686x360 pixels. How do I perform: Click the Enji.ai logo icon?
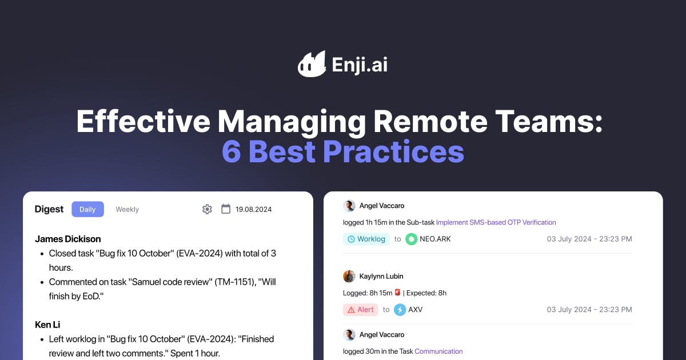tap(312, 64)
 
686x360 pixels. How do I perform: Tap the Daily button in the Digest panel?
tap(87, 209)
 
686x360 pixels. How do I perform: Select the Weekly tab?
tap(127, 209)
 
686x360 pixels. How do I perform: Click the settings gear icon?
tap(207, 209)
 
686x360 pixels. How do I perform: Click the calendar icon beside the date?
tap(226, 209)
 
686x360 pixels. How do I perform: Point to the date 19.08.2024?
tap(254, 209)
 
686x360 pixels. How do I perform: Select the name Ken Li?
tap(47, 325)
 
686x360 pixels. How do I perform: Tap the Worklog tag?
tap(366, 239)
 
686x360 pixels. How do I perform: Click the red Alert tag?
tap(361, 310)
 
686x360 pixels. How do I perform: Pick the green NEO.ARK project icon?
tap(411, 239)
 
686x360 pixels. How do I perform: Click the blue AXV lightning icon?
tap(400, 310)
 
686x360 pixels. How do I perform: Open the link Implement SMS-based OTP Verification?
tap(496, 222)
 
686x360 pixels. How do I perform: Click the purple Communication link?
tap(438, 351)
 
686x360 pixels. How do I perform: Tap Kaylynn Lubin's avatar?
tap(349, 276)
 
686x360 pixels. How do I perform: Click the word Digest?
tap(49, 209)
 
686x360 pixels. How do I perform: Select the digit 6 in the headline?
tap(232, 151)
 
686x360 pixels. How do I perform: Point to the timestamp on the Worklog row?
tap(589, 239)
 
